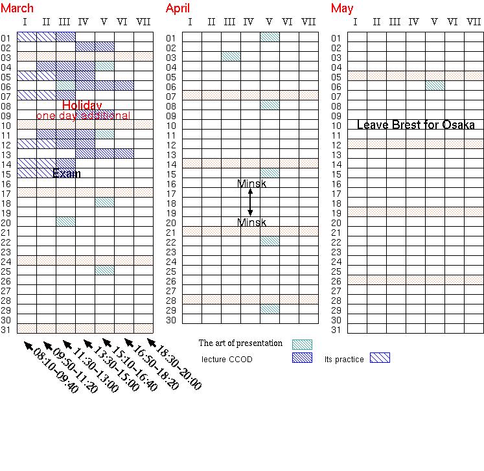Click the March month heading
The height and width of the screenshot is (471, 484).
(x=17, y=8)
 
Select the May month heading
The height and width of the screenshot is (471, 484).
(x=342, y=8)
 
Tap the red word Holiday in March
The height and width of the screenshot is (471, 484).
(x=82, y=106)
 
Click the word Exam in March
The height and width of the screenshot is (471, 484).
(x=67, y=173)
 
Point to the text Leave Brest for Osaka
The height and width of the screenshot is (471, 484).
(x=416, y=125)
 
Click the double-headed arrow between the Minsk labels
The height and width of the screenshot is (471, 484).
(x=251, y=203)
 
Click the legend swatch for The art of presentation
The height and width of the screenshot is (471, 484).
(x=302, y=345)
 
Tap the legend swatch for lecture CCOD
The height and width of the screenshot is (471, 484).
(x=302, y=358)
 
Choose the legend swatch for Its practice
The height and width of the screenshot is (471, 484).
(x=380, y=358)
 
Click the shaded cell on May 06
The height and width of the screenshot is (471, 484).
(x=435, y=86)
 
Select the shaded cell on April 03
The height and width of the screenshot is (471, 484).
(x=231, y=56)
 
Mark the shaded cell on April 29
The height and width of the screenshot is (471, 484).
(x=270, y=309)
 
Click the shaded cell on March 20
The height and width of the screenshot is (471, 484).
(x=65, y=222)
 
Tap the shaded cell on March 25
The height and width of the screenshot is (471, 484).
(x=104, y=270)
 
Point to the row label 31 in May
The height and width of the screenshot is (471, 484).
(x=336, y=330)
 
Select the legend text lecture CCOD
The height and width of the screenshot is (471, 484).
(x=227, y=359)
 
